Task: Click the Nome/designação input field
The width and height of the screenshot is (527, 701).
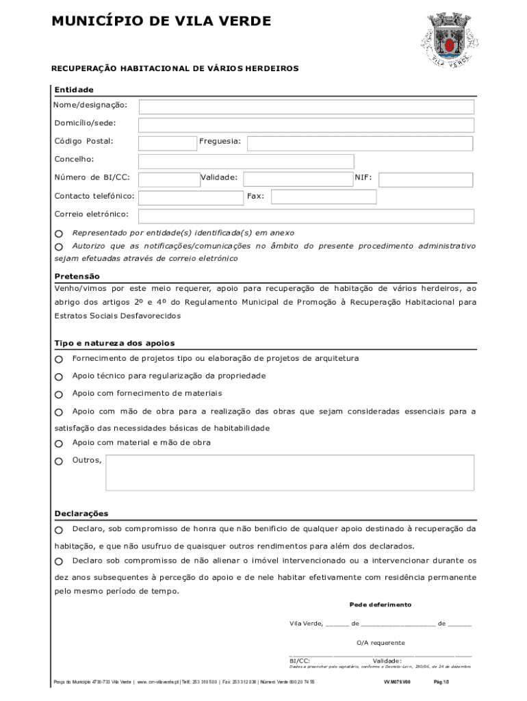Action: pyautogui.click(x=306, y=107)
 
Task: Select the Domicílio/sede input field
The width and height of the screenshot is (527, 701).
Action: pyautogui.click(x=306, y=125)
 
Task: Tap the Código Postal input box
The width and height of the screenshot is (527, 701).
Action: pyautogui.click(x=167, y=143)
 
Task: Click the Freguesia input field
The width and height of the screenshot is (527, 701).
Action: pyautogui.click(x=359, y=143)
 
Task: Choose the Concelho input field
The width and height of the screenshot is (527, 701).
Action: pyautogui.click(x=246, y=162)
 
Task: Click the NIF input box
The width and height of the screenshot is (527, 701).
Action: pyautogui.click(x=425, y=179)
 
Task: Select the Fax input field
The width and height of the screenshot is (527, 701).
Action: pyautogui.click(x=324, y=197)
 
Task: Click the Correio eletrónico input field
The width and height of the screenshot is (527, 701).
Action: pyautogui.click(x=306, y=216)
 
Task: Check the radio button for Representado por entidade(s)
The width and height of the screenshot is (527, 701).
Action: pyautogui.click(x=59, y=234)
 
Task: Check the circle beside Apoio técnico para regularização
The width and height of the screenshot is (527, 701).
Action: pyautogui.click(x=59, y=377)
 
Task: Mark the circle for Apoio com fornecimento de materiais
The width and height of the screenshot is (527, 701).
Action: pyautogui.click(x=59, y=395)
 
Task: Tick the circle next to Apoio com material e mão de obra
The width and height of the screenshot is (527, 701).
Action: pyautogui.click(x=59, y=444)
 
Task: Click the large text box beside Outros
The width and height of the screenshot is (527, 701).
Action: pyautogui.click(x=290, y=473)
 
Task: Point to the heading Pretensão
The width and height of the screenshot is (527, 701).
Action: pyautogui.click(x=77, y=277)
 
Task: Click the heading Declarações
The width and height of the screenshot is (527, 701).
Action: pyautogui.click(x=81, y=514)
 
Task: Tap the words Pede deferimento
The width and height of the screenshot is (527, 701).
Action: pyautogui.click(x=380, y=605)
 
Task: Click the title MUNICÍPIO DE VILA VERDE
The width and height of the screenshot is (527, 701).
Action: pyautogui.click(x=162, y=22)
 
